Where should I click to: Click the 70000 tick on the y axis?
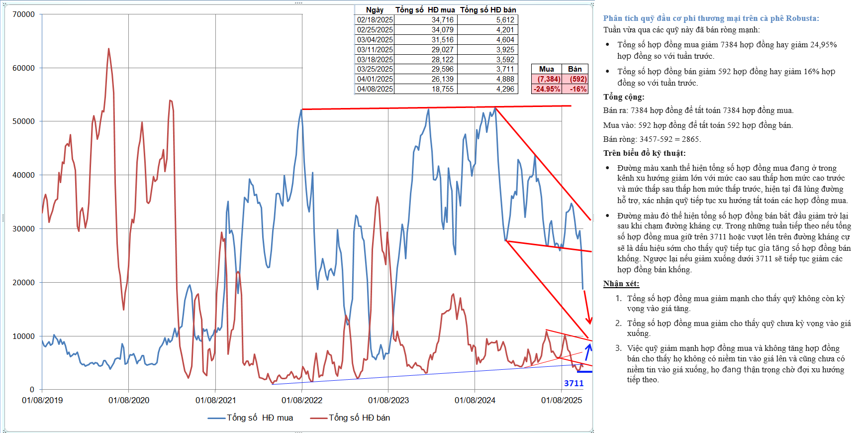23,14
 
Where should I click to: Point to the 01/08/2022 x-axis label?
302,400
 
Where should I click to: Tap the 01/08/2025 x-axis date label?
562,400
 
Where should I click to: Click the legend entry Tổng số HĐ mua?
251,418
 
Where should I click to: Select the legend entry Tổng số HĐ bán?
351,418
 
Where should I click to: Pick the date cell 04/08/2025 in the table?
375,89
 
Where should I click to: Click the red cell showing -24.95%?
547,89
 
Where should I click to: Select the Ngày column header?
375,10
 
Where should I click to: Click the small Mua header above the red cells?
546,69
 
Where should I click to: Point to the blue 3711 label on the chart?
573,383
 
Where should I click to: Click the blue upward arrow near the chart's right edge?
588,351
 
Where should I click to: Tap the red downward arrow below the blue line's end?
587,307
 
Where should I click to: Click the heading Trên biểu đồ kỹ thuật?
644,153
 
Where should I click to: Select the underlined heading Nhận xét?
621,284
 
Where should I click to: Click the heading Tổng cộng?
624,97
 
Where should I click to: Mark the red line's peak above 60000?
108,49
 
